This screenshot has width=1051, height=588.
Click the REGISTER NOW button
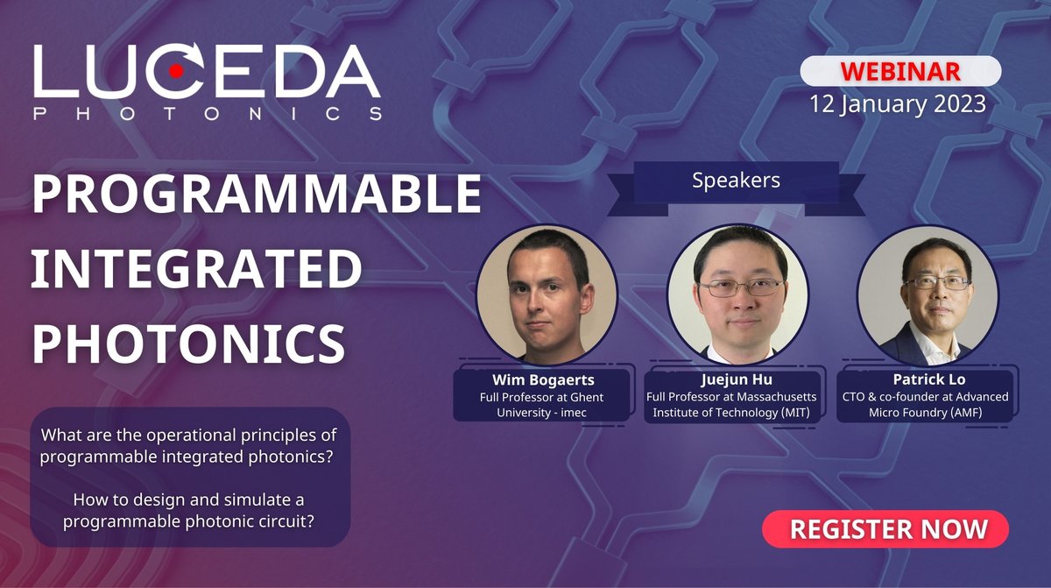[x=885, y=529]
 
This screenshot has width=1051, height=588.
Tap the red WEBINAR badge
[x=901, y=70]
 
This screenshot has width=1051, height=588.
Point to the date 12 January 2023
[x=898, y=103]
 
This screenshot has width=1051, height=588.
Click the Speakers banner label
[x=736, y=181]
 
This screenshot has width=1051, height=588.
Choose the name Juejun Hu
[x=734, y=380]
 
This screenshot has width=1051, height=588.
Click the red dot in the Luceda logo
[x=176, y=71]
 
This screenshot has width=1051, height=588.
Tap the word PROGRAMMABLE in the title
[x=257, y=195]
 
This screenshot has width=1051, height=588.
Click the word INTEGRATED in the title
[x=196, y=270]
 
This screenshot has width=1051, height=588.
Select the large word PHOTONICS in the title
[x=188, y=344]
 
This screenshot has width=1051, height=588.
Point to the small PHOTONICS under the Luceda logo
[x=207, y=114]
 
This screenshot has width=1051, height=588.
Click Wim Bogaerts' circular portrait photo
[x=547, y=294]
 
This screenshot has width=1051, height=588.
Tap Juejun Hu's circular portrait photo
[x=737, y=294]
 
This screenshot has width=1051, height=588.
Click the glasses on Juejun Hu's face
[x=738, y=287]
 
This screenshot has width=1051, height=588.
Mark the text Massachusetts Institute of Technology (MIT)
[x=734, y=405]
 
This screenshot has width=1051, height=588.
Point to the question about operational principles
[x=189, y=444]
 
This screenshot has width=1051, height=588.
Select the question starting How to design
[x=189, y=508]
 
